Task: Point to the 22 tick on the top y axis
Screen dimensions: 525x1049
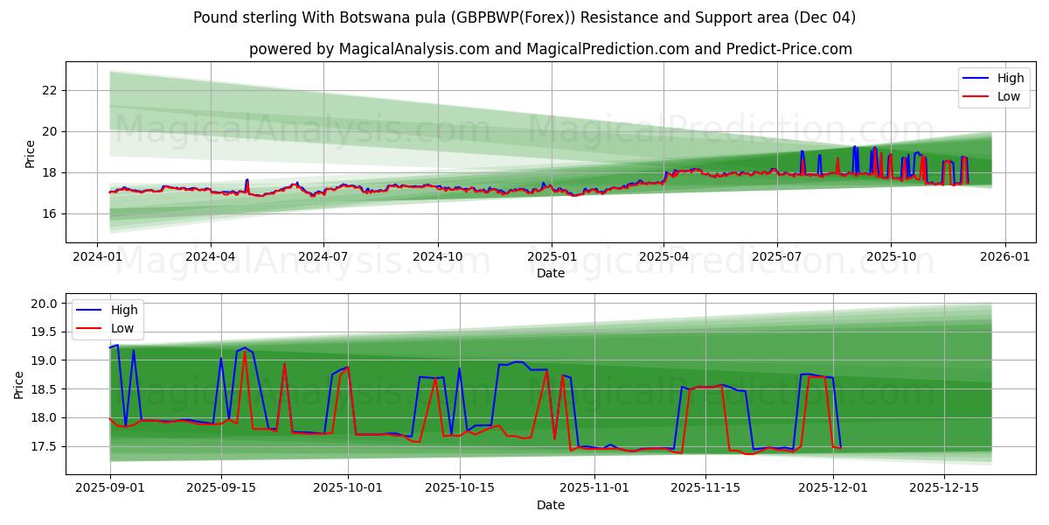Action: click(x=49, y=90)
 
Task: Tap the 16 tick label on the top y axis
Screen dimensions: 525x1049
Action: click(x=49, y=213)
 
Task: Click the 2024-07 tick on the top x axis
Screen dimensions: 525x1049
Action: click(x=323, y=257)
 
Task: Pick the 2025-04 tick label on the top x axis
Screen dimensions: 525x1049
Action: click(x=663, y=257)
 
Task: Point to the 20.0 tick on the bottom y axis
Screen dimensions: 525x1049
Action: click(x=44, y=304)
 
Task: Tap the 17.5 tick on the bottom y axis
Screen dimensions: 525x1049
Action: click(x=44, y=446)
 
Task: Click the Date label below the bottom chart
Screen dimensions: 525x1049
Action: click(x=551, y=505)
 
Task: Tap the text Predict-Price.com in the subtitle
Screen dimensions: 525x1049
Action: click(x=788, y=49)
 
